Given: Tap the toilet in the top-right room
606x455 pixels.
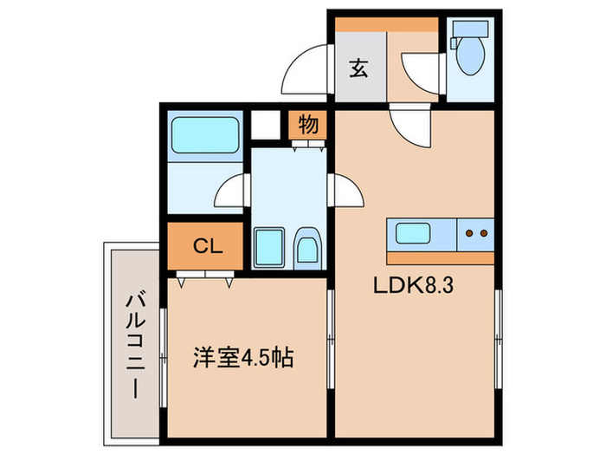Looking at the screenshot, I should point(471,55).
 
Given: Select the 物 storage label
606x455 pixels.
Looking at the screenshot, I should point(308,124).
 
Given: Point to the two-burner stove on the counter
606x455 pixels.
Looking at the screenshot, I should point(475,233).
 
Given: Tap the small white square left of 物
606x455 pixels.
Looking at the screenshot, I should point(267,122).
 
